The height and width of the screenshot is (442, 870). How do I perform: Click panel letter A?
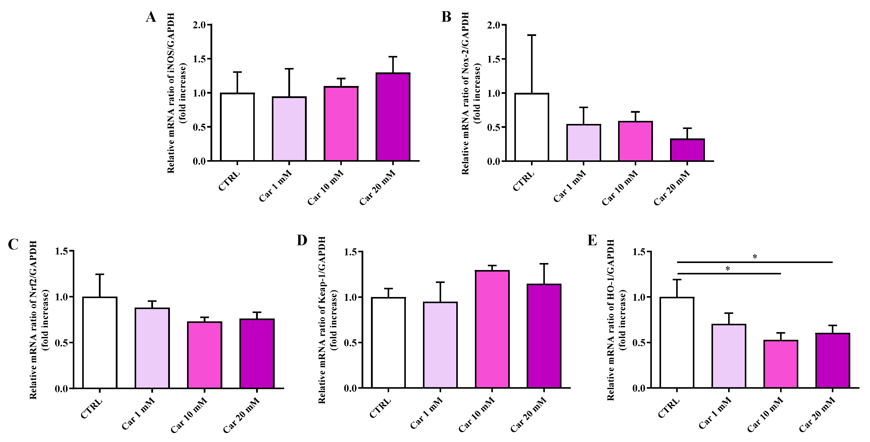(151, 17)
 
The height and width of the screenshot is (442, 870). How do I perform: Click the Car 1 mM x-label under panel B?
(570, 187)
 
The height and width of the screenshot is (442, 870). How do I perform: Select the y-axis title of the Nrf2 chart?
(39, 320)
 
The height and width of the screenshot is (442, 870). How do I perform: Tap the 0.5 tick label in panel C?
(61, 343)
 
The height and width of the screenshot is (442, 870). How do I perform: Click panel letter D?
(302, 240)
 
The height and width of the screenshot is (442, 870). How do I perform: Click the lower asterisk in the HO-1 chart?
(728, 269)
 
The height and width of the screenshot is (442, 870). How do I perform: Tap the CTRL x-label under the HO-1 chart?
(669, 408)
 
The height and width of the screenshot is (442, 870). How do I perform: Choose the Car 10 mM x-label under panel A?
(326, 188)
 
